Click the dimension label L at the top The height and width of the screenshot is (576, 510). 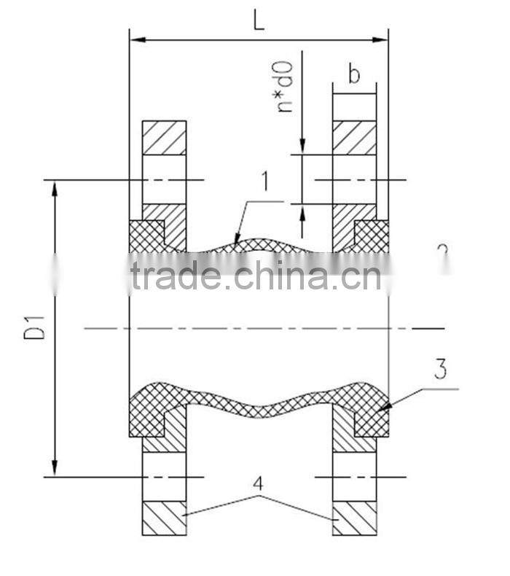click(x=259, y=20)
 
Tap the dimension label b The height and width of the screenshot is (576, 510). click(x=354, y=75)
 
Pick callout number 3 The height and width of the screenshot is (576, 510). click(x=439, y=370)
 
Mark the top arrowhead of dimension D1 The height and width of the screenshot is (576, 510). click(x=55, y=187)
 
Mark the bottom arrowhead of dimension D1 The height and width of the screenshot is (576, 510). click(x=55, y=469)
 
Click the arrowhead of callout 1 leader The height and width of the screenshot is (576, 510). click(x=237, y=238)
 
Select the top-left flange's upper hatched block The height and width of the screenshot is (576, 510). click(x=164, y=138)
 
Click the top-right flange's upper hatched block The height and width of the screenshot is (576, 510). click(x=354, y=138)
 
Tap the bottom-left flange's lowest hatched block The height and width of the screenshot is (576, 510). click(x=164, y=518)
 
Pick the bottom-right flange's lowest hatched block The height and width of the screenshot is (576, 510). click(x=354, y=518)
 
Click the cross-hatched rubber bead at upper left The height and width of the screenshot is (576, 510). click(x=146, y=236)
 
